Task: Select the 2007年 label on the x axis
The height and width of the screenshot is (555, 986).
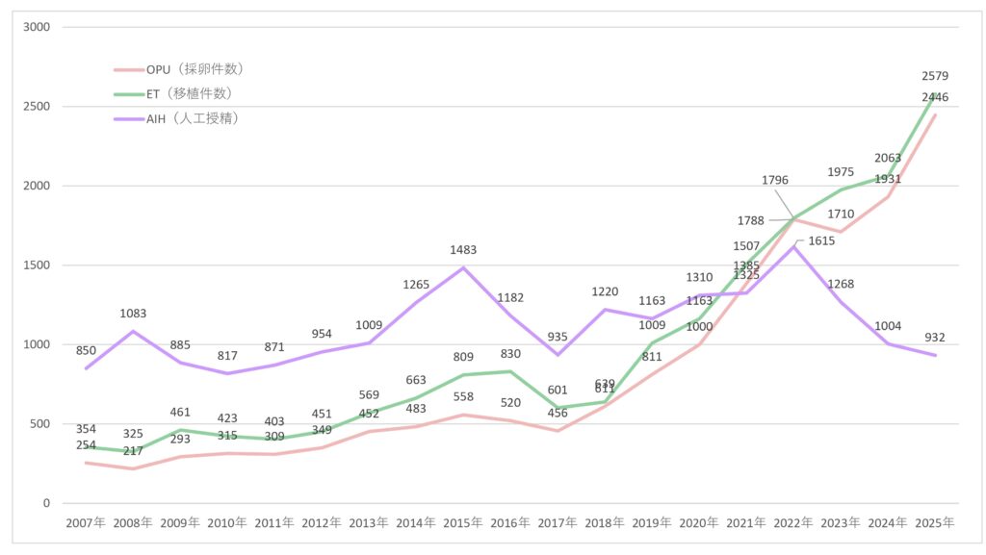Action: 86,523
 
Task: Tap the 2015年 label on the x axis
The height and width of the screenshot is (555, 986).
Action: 463,523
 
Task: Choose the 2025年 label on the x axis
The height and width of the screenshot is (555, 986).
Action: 935,523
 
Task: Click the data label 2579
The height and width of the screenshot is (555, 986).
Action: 935,76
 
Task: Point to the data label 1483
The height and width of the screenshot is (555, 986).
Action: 463,250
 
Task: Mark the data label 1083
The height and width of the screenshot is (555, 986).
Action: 133,314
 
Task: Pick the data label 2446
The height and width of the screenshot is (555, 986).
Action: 935,97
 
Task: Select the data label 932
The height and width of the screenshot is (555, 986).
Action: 935,338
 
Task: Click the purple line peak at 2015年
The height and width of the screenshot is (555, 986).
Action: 463,267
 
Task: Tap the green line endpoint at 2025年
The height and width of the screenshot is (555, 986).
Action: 935,94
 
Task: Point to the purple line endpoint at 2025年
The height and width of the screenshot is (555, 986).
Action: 935,355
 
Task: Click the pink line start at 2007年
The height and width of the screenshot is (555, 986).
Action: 86,463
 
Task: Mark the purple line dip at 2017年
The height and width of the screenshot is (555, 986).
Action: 558,355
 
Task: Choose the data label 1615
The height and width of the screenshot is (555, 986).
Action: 821,241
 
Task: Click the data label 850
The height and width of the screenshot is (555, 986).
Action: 86,351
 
